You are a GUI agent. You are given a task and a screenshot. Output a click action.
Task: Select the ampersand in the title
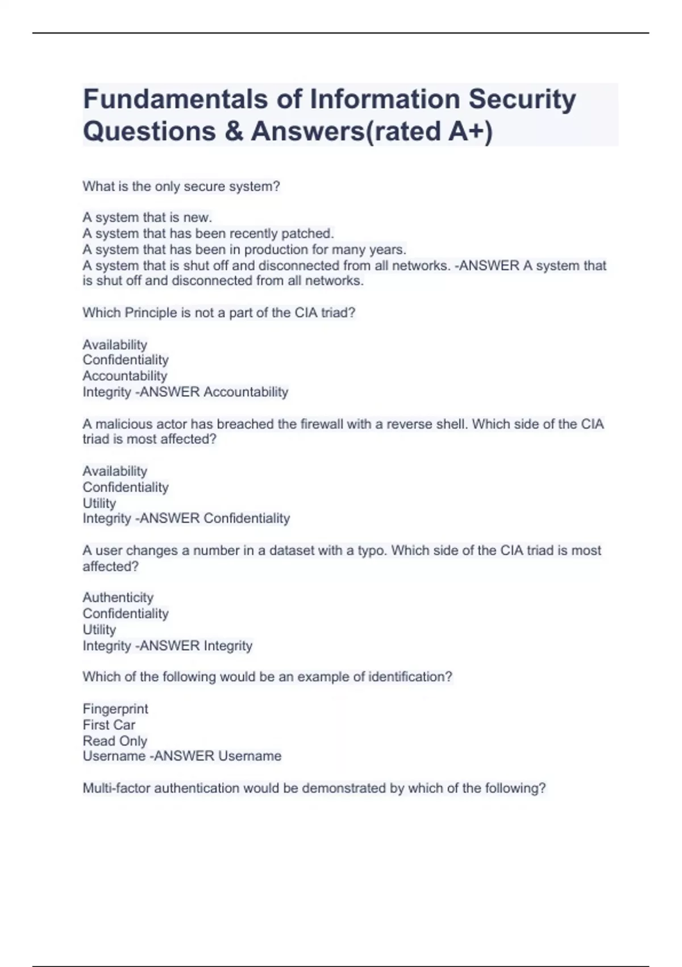point(232,131)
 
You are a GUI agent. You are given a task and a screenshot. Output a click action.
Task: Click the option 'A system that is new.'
point(147,217)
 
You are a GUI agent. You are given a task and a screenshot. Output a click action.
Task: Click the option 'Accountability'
point(125,376)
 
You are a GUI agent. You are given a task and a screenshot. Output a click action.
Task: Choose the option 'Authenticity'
point(118,597)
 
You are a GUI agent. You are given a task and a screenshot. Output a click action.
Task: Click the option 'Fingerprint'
point(115,709)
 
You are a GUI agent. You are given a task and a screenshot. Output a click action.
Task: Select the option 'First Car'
point(109,725)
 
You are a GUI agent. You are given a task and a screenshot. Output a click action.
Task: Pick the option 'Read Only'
point(115,741)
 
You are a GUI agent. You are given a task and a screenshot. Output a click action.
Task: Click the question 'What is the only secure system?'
point(181,187)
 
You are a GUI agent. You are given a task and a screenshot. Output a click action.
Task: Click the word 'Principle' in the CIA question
point(151,313)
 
